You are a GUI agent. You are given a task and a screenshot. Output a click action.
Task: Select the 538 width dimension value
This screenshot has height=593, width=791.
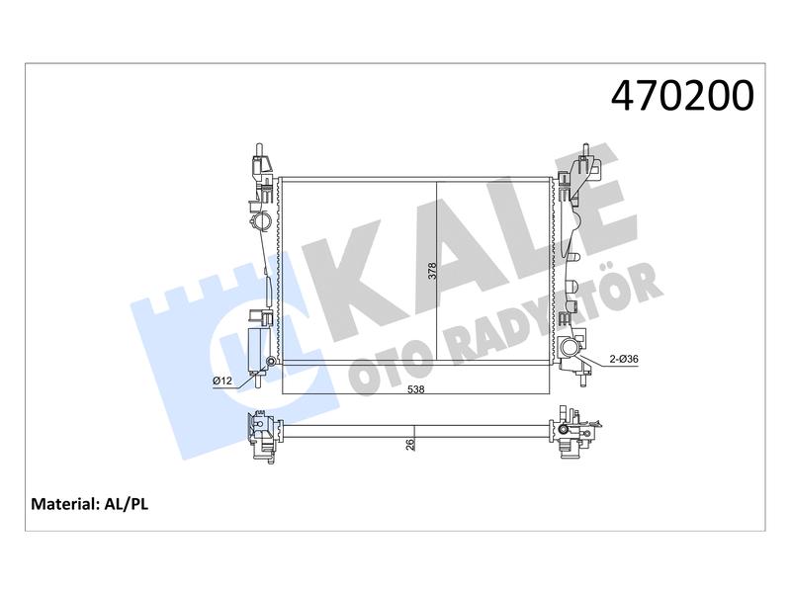click(415, 389)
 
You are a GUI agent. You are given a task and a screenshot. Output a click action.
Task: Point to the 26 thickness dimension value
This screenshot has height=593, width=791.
click(410, 444)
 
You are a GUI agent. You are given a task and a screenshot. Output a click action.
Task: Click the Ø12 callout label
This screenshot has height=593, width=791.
click(222, 381)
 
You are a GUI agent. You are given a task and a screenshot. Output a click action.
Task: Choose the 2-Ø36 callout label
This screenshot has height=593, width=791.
click(624, 359)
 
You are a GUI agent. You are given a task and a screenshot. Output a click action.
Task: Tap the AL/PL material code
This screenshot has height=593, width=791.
click(127, 504)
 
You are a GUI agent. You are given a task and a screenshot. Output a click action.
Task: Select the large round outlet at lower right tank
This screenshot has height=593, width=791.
click(570, 348)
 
